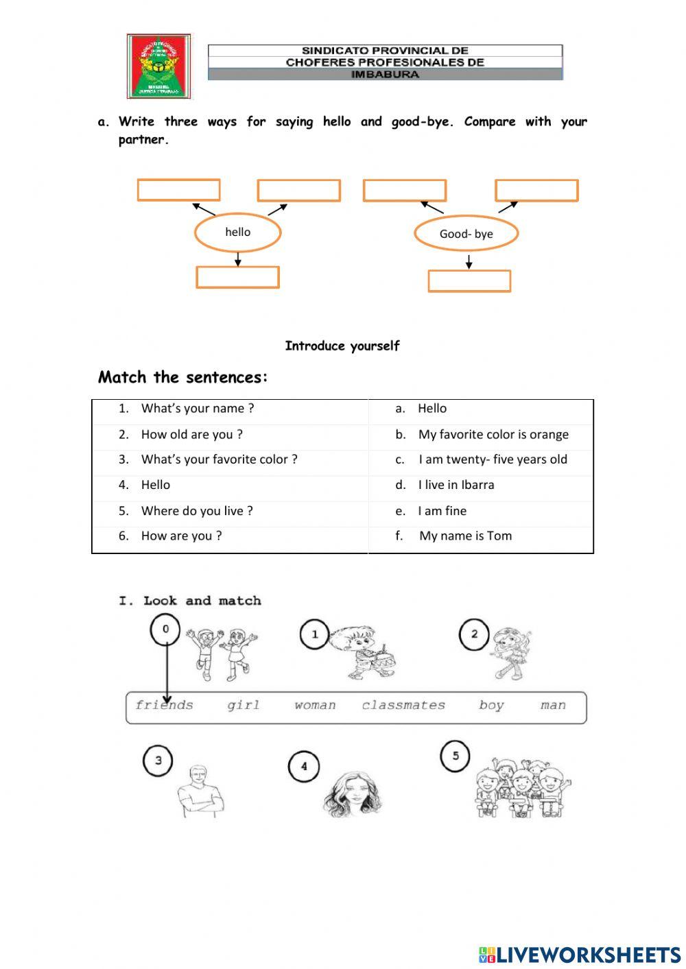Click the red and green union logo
click(x=158, y=66)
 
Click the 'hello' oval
click(x=237, y=232)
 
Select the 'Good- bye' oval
click(x=466, y=234)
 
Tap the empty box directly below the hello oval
click(x=237, y=277)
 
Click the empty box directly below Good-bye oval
click(x=469, y=281)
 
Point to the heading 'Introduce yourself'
click(x=342, y=346)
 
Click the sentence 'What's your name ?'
click(x=197, y=409)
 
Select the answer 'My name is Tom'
click(x=465, y=536)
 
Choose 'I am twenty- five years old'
click(x=493, y=459)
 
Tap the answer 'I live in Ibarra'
click(x=456, y=485)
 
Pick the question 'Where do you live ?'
click(x=196, y=511)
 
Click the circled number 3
click(x=158, y=761)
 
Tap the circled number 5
click(x=456, y=756)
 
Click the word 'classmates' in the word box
click(x=403, y=706)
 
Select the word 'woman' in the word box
click(x=315, y=706)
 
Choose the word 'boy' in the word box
click(x=491, y=706)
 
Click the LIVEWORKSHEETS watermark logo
click(x=579, y=954)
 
